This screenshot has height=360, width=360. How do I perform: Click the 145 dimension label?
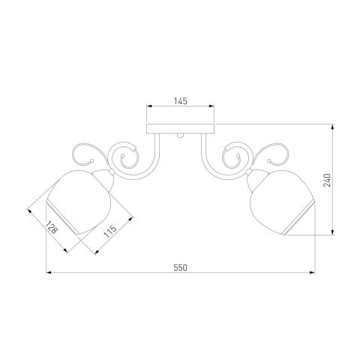point(181,101)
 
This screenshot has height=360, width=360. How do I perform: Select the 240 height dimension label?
point(327,180)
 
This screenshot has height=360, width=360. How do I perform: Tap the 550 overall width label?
point(180,268)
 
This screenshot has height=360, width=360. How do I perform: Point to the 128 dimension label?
point(51,227)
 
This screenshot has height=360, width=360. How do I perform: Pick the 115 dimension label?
point(110,231)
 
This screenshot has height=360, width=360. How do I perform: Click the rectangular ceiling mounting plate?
point(181,128)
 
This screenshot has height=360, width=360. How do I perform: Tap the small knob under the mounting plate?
point(180,136)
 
